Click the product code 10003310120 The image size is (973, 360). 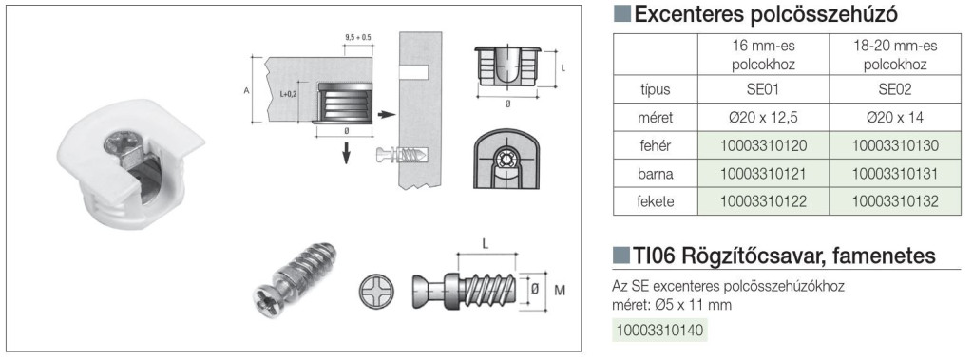pyautogui.click(x=764, y=146)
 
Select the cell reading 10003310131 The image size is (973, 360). pyautogui.click(x=895, y=174)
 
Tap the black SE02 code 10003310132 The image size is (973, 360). pyautogui.click(x=895, y=201)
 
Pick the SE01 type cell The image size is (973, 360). pyautogui.click(x=764, y=89)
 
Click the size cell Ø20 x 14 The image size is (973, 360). pyautogui.click(x=895, y=118)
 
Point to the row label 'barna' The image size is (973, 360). pyautogui.click(x=656, y=174)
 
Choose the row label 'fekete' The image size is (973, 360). pyautogui.click(x=656, y=201)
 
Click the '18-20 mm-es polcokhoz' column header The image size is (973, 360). pyautogui.click(x=895, y=55)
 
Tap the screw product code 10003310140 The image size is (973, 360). pyautogui.click(x=658, y=330)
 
